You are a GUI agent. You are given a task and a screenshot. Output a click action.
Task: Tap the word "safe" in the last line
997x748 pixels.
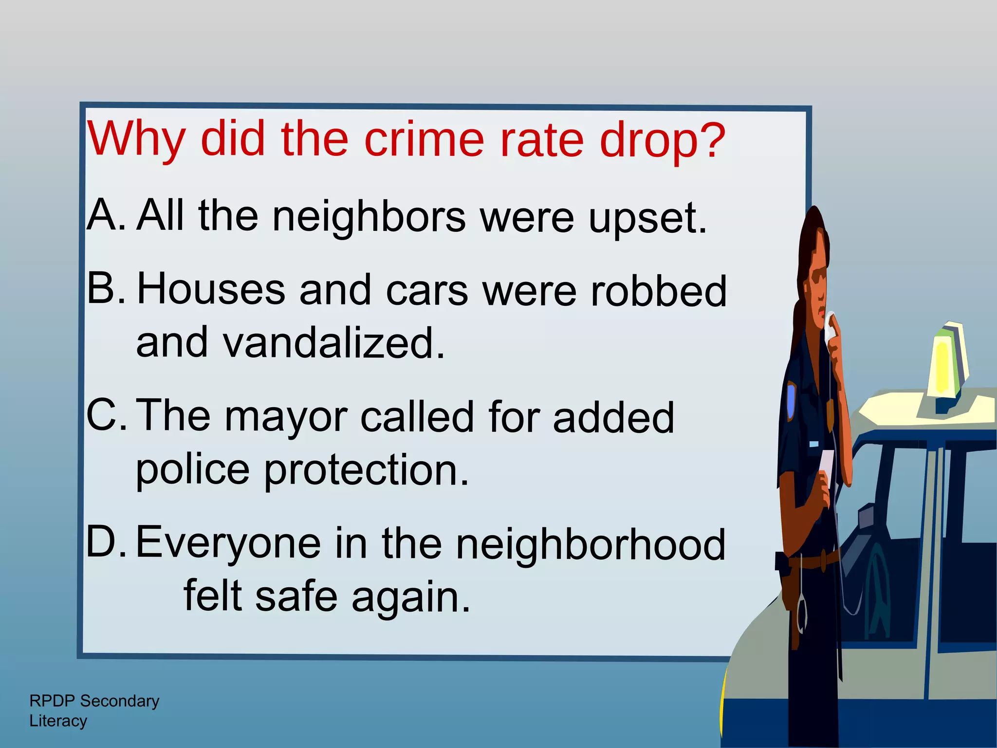pos(296,596)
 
